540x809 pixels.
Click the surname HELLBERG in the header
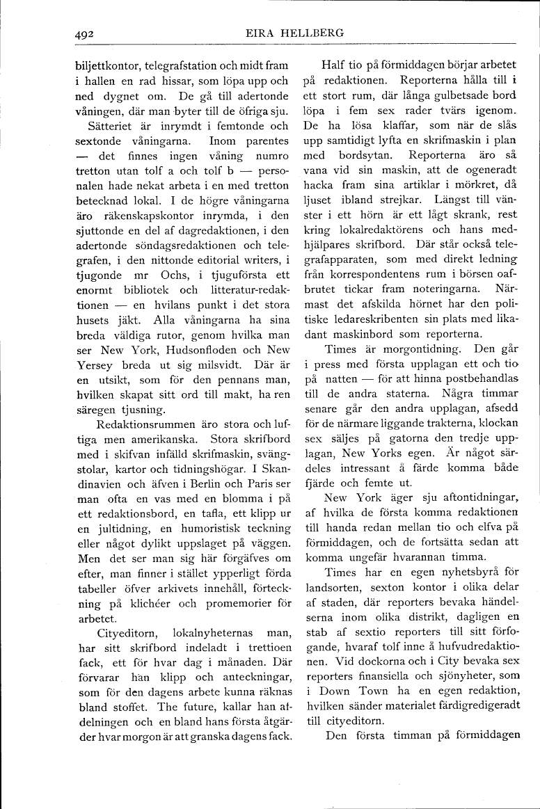[x=312, y=33]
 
